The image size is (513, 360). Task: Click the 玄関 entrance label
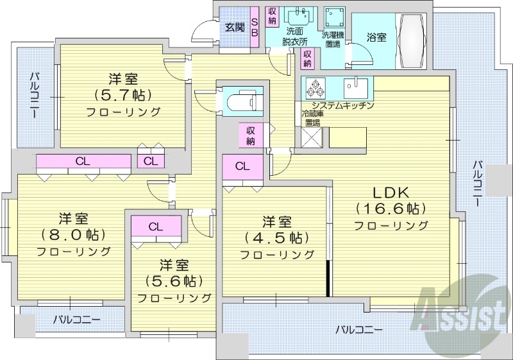tap(235, 27)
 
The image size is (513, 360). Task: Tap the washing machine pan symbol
tap(333, 17)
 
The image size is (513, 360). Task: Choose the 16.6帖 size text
tap(392, 209)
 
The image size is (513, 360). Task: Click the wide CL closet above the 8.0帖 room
tap(83, 161)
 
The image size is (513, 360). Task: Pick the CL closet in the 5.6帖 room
tap(156, 227)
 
